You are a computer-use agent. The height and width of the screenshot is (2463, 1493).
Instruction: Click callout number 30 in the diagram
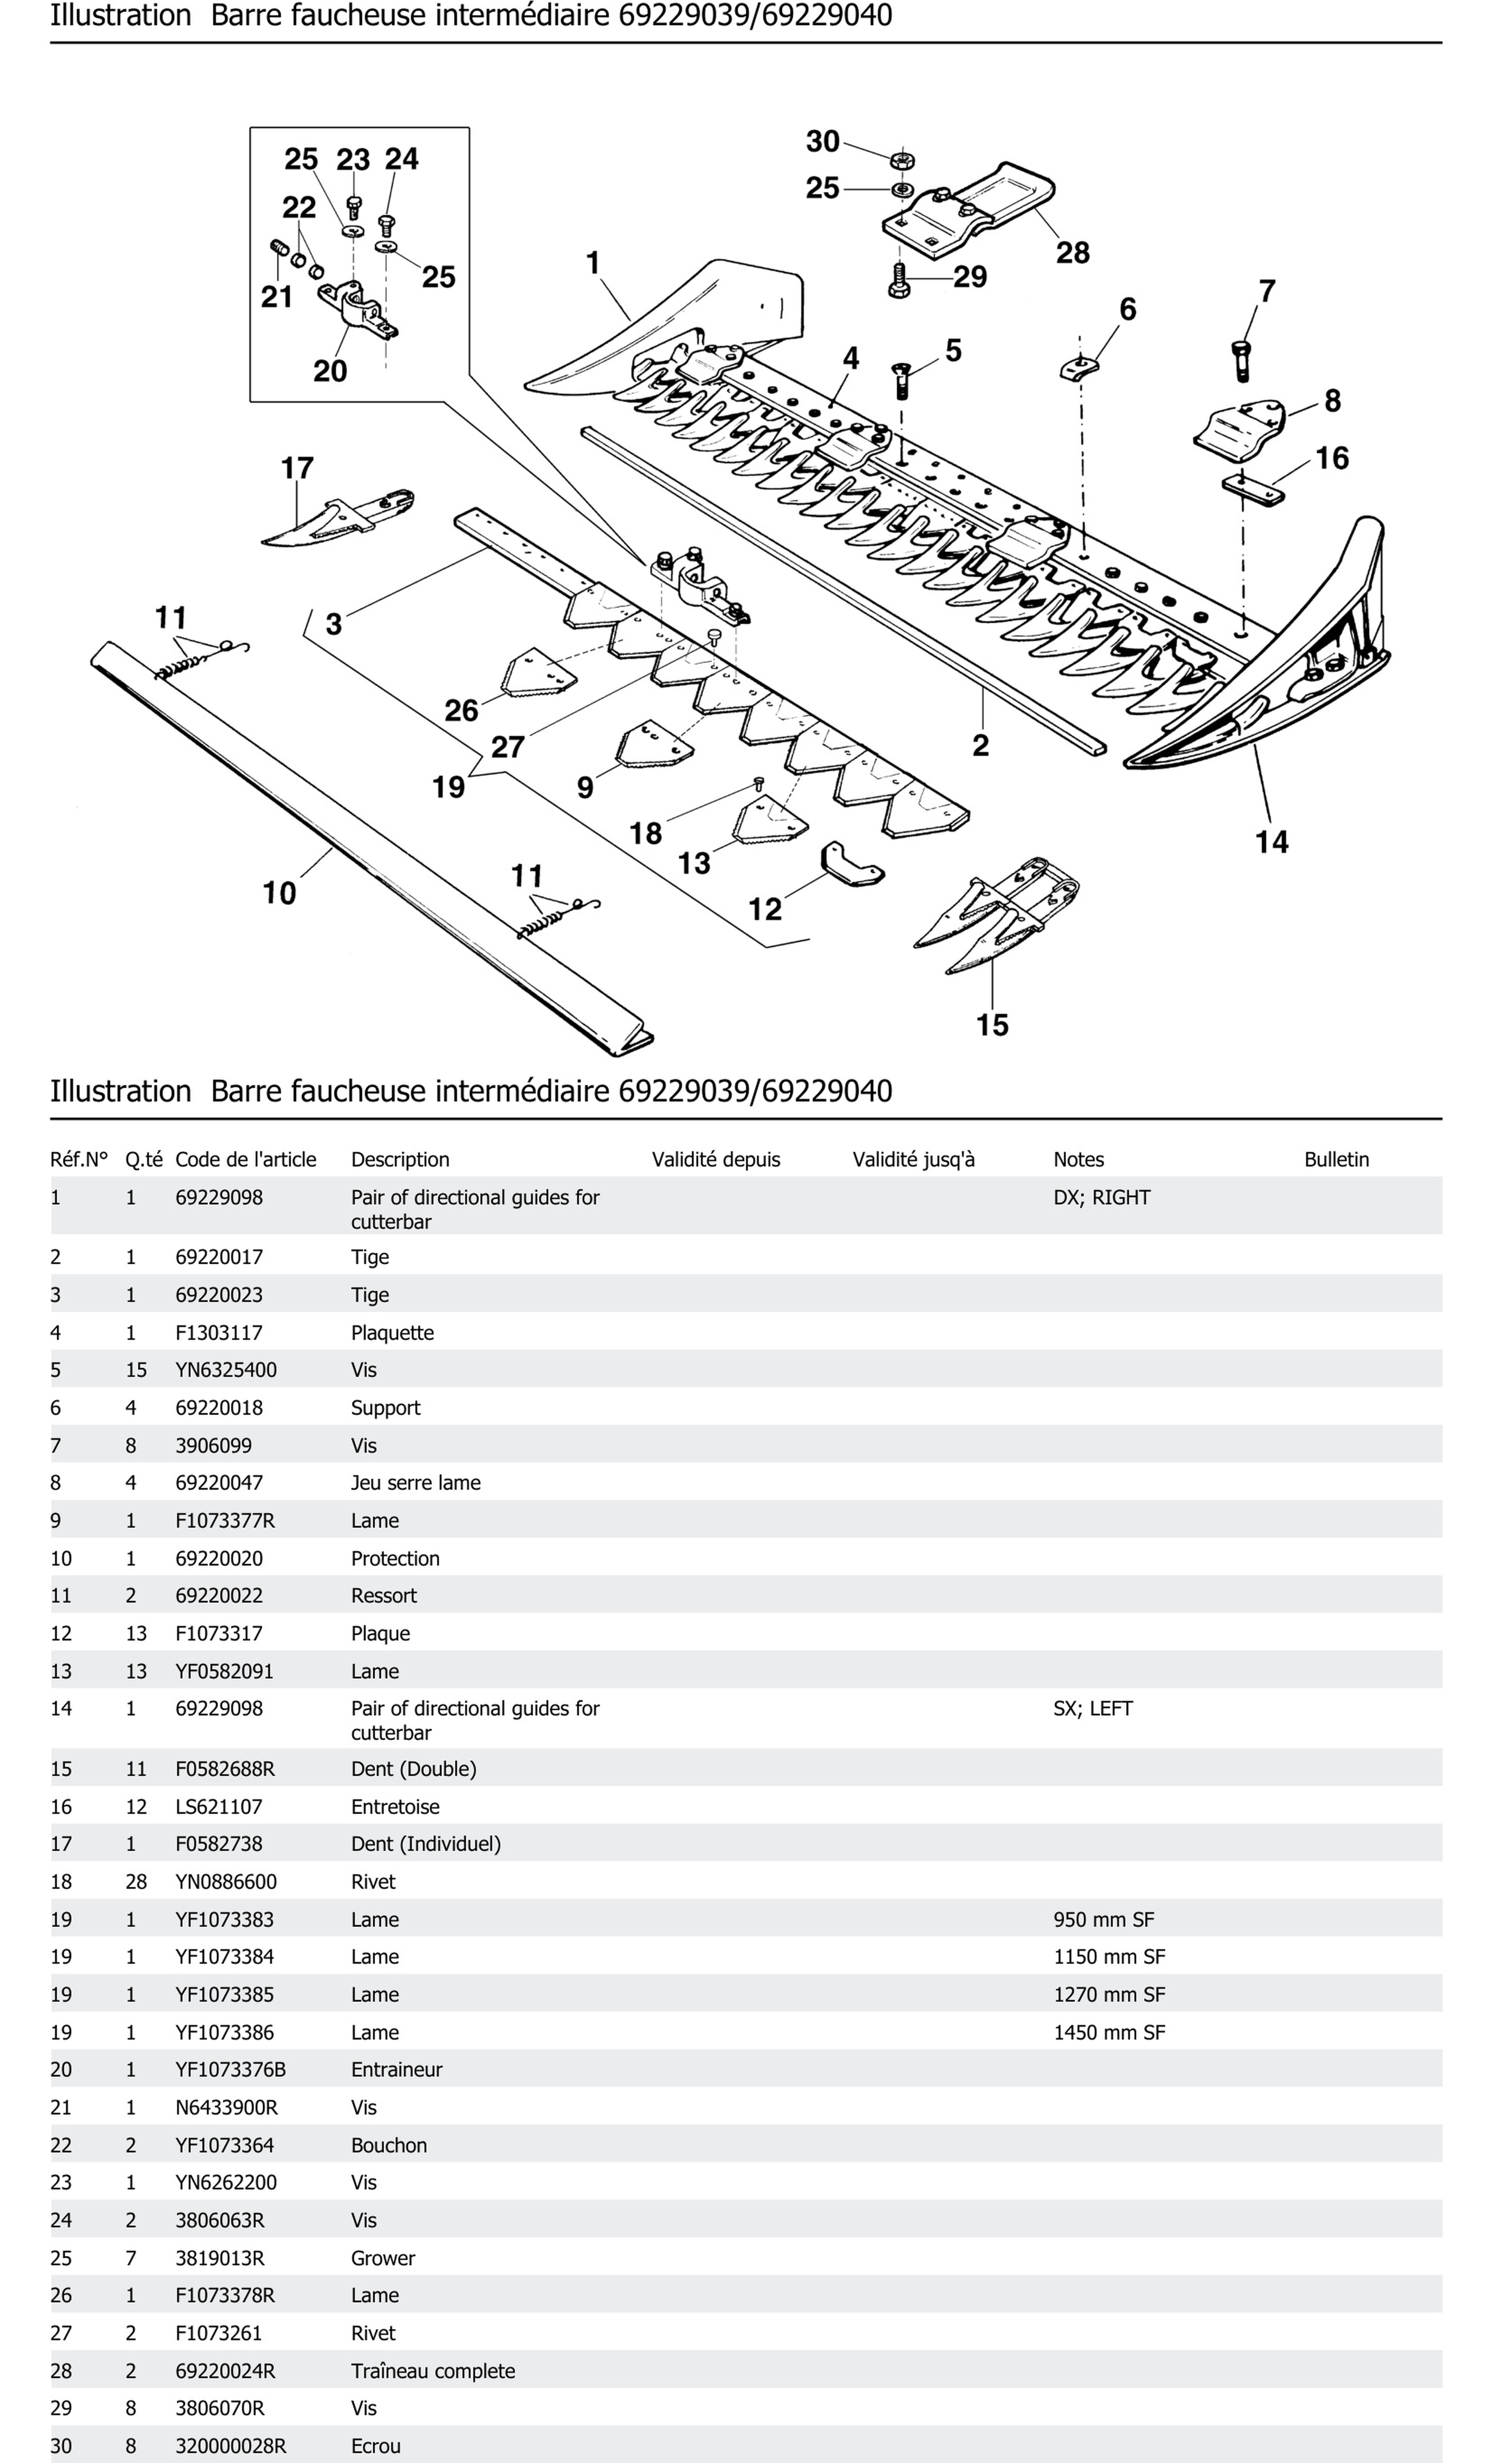(822, 142)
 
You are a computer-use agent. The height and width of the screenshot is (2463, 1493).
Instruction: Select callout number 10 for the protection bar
(279, 892)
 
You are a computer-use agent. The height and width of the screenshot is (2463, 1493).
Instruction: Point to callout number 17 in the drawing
(297, 468)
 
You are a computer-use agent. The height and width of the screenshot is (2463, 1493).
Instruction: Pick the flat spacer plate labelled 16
(1253, 490)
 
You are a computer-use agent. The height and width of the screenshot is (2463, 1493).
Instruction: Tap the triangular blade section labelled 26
(537, 673)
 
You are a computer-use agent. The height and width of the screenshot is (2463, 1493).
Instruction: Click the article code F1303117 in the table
(219, 1333)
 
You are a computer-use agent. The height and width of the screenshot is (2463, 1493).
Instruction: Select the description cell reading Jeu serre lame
(415, 1482)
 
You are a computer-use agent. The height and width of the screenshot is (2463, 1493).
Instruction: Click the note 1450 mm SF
(1109, 2032)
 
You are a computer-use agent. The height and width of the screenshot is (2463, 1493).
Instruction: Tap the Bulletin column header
(1336, 1160)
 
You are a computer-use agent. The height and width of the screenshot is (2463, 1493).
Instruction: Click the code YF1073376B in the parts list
(230, 2069)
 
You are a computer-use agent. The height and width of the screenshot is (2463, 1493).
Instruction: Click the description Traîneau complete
(433, 2371)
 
